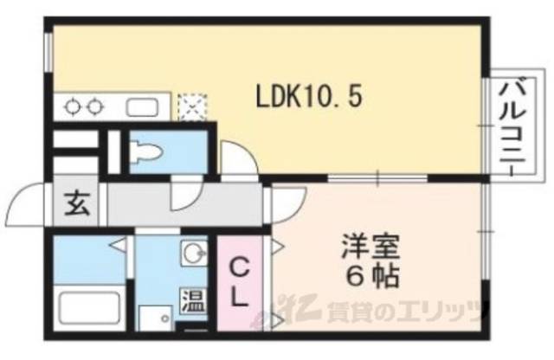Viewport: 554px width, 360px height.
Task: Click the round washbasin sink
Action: (x=193, y=254)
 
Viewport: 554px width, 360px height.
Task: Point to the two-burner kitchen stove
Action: (x=83, y=108)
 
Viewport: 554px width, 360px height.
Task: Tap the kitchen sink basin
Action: (x=141, y=108)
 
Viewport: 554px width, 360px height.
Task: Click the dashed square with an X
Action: (x=189, y=108)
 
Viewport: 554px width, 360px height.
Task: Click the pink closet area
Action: (x=238, y=286)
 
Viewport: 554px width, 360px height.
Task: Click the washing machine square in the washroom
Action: (x=156, y=321)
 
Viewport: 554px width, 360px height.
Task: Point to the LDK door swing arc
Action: (x=232, y=160)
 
